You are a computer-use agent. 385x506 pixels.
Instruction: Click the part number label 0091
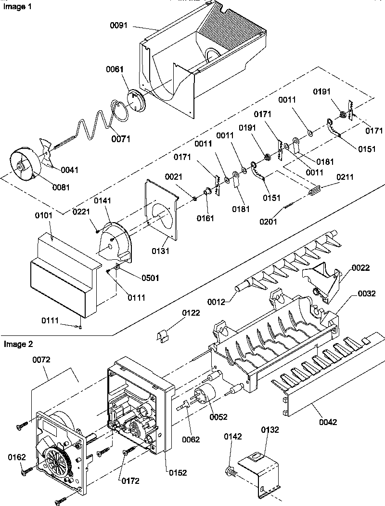(118, 26)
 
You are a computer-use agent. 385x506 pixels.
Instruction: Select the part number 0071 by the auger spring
(121, 139)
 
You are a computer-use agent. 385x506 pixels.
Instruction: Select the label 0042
(327, 422)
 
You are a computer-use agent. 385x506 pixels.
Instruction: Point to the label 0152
(178, 473)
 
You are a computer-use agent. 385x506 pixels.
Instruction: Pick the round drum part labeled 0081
(25, 166)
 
